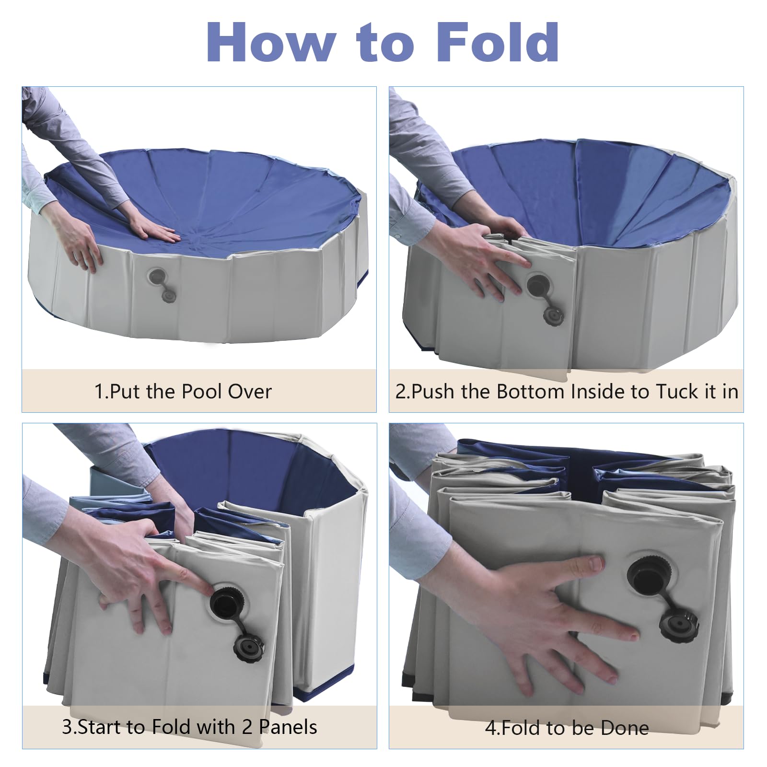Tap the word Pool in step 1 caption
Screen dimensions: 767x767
click(202, 392)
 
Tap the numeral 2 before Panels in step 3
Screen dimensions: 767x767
click(247, 727)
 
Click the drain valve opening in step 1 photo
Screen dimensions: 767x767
click(157, 277)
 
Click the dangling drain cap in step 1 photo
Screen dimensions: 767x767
click(168, 296)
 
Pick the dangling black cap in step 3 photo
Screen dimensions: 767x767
click(247, 648)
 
